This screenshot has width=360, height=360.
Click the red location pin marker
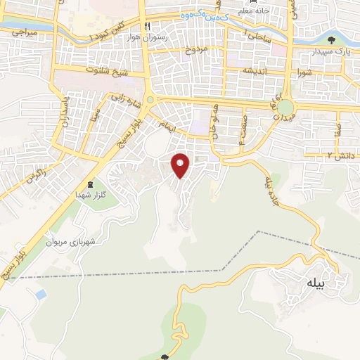(181, 165)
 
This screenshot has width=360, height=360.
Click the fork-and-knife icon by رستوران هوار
(147, 27)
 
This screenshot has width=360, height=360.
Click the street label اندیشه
(257, 70)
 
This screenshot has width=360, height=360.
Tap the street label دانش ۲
(340, 154)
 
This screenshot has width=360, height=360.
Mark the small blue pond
(41, 293)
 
